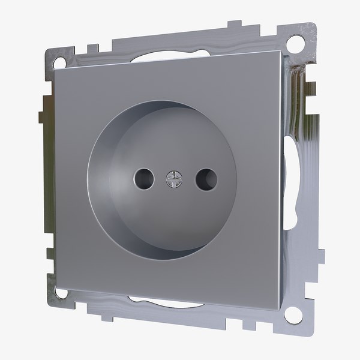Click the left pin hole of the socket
pos(142,178)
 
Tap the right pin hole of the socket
pos(206,178)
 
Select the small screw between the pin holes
pos(172,178)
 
